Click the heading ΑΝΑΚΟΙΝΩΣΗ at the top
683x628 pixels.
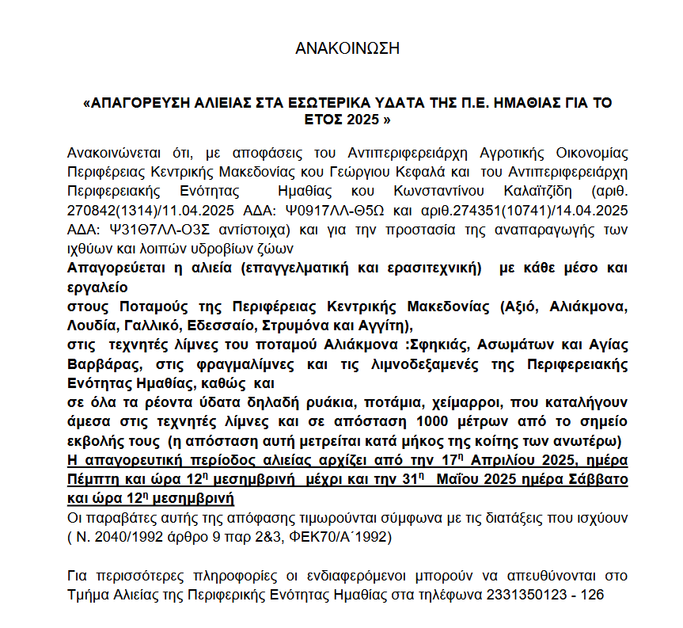pos(347,48)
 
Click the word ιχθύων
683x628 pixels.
pos(89,248)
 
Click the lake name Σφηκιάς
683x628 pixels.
pos(386,344)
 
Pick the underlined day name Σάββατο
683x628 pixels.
pos(598,480)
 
